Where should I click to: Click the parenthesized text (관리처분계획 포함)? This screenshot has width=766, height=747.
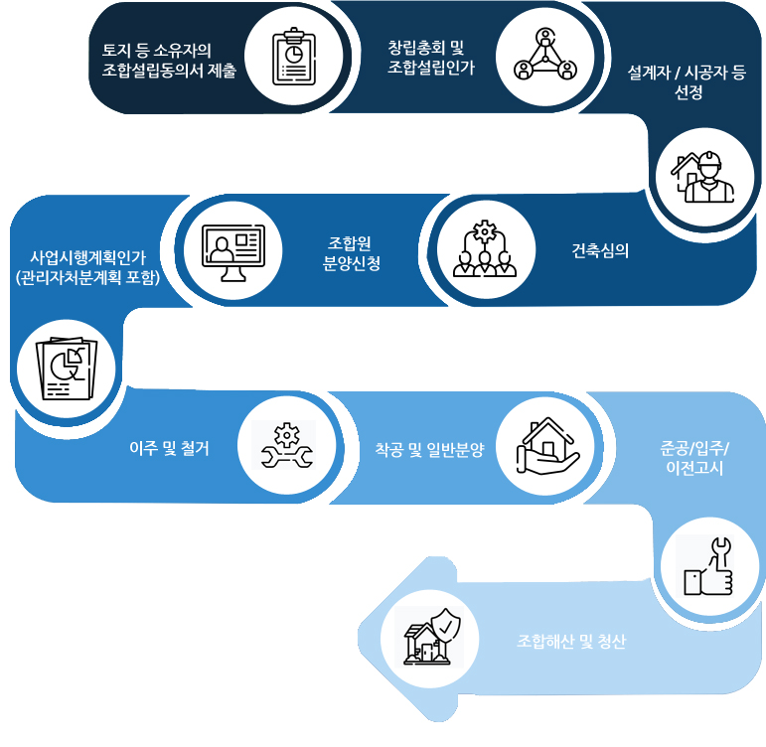coord(88,277)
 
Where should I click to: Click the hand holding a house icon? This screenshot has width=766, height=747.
coord(545,444)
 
